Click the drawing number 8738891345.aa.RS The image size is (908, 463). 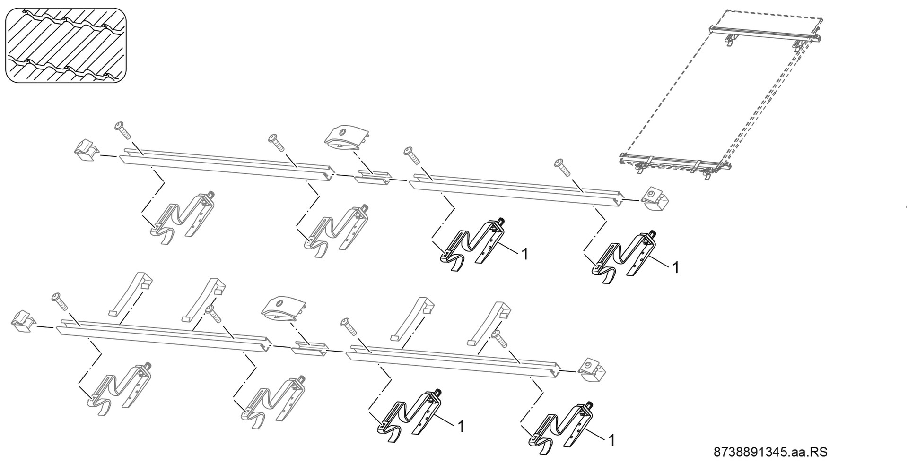(770, 452)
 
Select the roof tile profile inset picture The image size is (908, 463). (66, 45)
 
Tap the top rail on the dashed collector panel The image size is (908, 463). (765, 33)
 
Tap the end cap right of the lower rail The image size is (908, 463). (593, 369)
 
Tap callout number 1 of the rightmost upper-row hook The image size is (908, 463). (676, 268)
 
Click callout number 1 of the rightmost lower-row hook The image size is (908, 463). (611, 440)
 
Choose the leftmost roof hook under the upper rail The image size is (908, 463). (181, 217)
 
